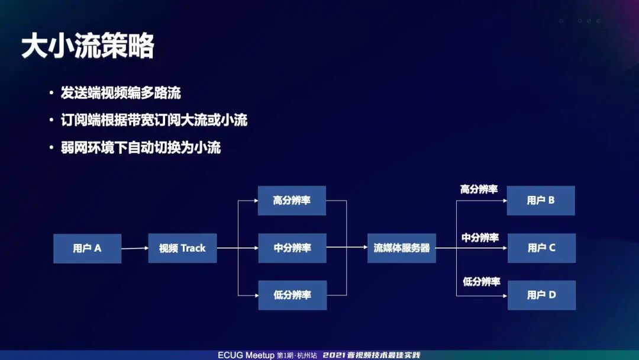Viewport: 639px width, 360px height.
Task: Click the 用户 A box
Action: pyautogui.click(x=87, y=248)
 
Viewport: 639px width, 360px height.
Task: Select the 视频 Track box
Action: pyautogui.click(x=182, y=248)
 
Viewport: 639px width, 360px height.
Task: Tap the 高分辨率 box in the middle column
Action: pyautogui.click(x=292, y=200)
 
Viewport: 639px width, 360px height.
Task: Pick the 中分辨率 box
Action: pyautogui.click(x=292, y=247)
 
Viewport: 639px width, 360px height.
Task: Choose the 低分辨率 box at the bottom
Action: pyautogui.click(x=292, y=295)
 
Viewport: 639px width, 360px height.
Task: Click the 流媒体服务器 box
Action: pyautogui.click(x=401, y=247)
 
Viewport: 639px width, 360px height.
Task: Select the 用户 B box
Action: pyautogui.click(x=541, y=200)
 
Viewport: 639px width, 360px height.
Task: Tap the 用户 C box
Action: pyautogui.click(x=541, y=247)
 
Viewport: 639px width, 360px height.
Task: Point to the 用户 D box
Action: pyautogui.click(x=541, y=295)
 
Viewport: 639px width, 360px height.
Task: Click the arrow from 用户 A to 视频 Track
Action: pyautogui.click(x=135, y=248)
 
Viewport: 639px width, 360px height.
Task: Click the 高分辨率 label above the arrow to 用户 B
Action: pyautogui.click(x=479, y=189)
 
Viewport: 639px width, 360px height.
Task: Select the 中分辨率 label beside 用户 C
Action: pyautogui.click(x=480, y=237)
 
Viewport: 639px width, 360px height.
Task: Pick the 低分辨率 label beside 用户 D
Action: pyautogui.click(x=481, y=282)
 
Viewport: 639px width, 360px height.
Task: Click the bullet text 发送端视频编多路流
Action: pyautogui.click(x=121, y=93)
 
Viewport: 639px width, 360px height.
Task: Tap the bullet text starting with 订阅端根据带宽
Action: pyautogui.click(x=154, y=120)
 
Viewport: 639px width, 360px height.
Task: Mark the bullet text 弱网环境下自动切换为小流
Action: pyautogui.click(x=141, y=147)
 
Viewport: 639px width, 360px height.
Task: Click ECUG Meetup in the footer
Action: pyautogui.click(x=246, y=355)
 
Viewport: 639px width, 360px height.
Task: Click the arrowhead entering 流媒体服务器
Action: pyautogui.click(x=364, y=247)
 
